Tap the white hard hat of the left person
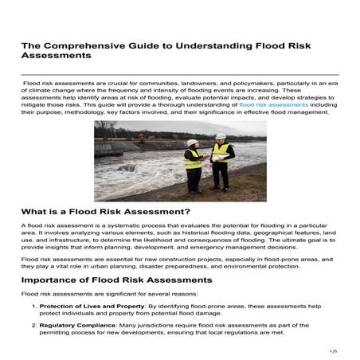(192, 143)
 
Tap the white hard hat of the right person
(220, 137)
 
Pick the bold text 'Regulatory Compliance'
(75, 326)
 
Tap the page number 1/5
(333, 350)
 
